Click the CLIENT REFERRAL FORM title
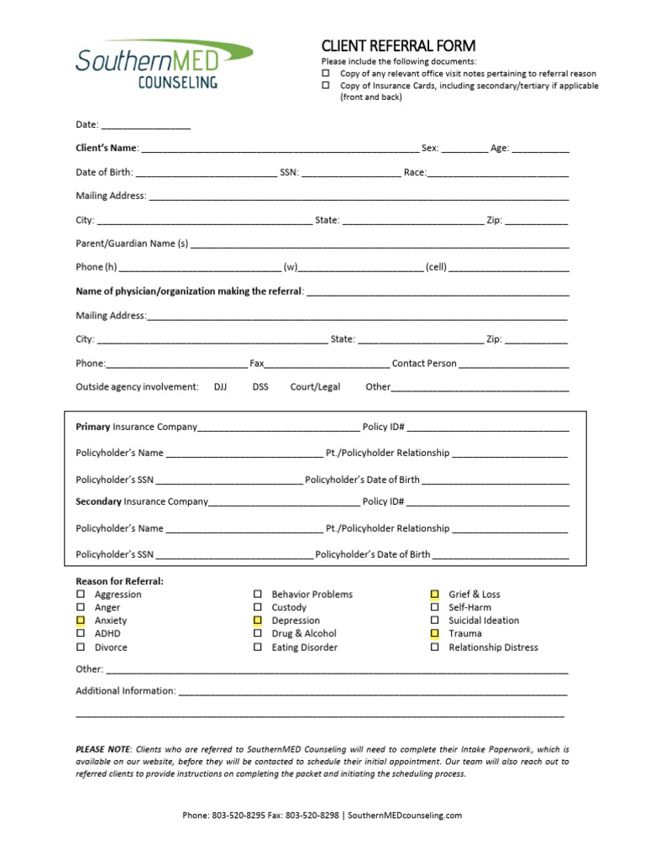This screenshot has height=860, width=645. [398, 45]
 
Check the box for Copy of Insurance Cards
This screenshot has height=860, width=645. [326, 86]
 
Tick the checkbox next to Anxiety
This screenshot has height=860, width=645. [81, 621]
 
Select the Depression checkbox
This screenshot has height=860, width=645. [258, 621]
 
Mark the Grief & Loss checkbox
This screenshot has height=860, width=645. [435, 594]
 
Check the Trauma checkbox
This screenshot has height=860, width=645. [435, 634]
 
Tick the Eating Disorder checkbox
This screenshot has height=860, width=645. [258, 648]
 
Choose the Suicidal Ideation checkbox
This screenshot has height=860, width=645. [435, 621]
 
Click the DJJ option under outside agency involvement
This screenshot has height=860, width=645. [220, 387]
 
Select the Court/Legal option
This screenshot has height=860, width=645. [315, 387]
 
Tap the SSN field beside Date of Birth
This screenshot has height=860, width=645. [350, 173]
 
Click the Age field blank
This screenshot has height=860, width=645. [540, 149]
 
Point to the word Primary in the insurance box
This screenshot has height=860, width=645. [93, 427]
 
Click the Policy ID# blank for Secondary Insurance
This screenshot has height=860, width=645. [487, 502]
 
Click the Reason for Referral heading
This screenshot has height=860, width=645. [120, 581]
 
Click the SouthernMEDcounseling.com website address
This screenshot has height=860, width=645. [404, 815]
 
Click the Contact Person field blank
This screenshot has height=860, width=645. [514, 364]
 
